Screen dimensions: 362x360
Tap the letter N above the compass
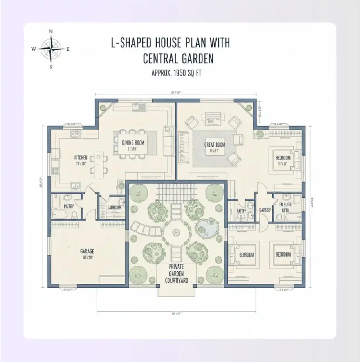(x=51, y=31)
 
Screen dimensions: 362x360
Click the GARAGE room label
(x=87, y=251)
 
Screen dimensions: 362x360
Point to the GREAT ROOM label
(x=215, y=145)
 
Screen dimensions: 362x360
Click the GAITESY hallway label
(x=265, y=210)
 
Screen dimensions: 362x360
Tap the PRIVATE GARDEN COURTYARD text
(x=176, y=274)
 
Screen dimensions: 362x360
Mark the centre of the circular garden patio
(x=176, y=233)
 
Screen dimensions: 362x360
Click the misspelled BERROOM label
(x=247, y=255)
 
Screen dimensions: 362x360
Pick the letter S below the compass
(x=51, y=67)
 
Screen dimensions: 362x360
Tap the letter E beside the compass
(x=68, y=49)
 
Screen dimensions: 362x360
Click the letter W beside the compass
(x=34, y=49)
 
